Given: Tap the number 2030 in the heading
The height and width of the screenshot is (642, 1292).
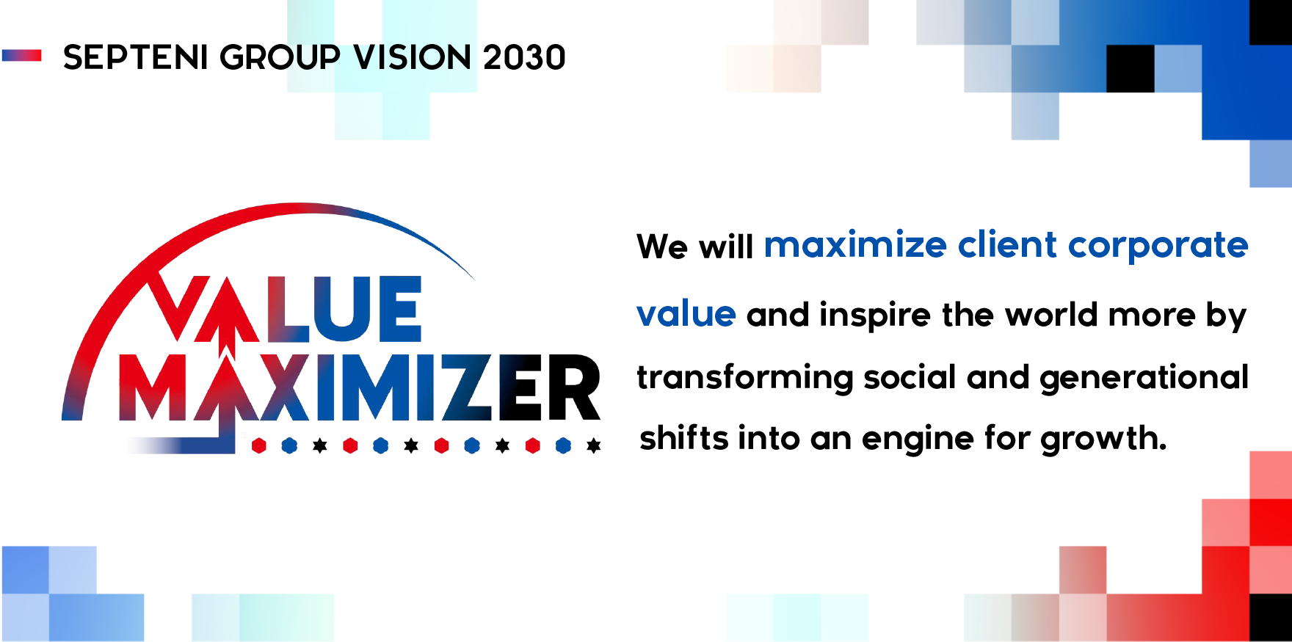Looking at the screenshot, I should (x=524, y=57).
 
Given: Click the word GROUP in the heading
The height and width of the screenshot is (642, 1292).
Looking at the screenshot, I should (x=280, y=57).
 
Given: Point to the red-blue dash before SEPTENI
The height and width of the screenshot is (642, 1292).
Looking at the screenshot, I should (x=22, y=56).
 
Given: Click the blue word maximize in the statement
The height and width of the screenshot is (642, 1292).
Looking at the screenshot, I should (x=855, y=245).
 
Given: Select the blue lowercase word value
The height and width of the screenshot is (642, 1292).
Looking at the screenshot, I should (x=686, y=314).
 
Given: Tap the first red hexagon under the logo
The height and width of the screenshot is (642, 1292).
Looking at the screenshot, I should (x=258, y=445).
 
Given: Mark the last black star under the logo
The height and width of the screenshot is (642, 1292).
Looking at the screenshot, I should (x=594, y=445).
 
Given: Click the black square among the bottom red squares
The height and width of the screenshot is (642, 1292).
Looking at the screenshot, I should (x=1271, y=618).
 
